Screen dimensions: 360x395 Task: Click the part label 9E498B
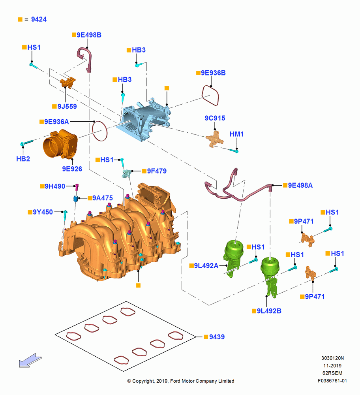[89, 35]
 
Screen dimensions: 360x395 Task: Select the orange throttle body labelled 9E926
[60, 144]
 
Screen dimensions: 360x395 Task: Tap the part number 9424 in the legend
[39, 19]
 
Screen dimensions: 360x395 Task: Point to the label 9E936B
[213, 73]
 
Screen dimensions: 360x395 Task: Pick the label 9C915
[215, 118]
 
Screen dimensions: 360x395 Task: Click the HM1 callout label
[236, 134]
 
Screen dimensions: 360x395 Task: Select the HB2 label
[23, 159]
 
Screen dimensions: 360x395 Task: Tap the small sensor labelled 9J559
[68, 83]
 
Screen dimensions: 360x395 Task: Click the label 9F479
[157, 171]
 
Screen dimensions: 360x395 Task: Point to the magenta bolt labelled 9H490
[77, 187]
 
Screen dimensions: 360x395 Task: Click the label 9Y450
[43, 212]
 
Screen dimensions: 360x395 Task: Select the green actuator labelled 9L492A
[233, 258]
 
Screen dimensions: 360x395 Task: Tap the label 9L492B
[269, 311]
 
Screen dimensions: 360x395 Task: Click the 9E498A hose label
[300, 185]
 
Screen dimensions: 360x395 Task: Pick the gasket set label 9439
[217, 337]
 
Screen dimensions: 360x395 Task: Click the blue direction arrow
[30, 361]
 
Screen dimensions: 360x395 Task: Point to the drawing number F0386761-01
[332, 381]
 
